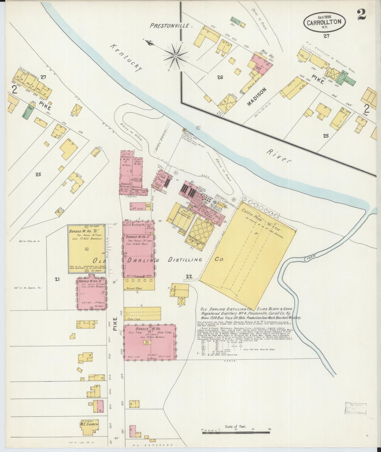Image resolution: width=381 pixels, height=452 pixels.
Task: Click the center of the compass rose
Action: click(175, 56)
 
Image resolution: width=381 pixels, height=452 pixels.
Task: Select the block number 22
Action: click(189, 276)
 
